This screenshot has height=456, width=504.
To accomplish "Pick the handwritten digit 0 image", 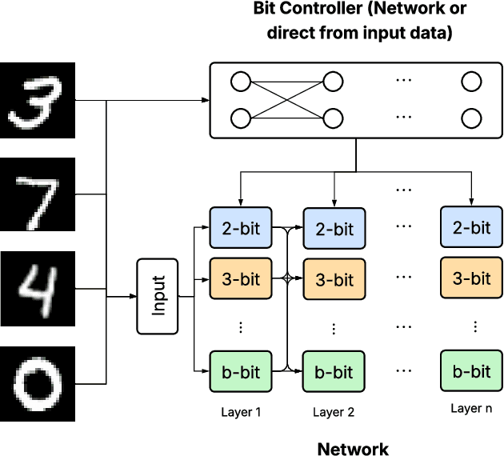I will [x=37, y=384].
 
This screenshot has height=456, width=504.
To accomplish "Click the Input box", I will [x=158, y=296].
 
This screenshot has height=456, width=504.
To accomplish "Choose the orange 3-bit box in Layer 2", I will [x=333, y=279].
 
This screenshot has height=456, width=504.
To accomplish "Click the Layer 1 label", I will [x=241, y=413].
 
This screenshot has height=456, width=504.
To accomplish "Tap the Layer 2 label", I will [x=334, y=413].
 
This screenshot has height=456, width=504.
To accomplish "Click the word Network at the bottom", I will [x=353, y=449].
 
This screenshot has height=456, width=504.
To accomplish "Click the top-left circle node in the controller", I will [x=239, y=82].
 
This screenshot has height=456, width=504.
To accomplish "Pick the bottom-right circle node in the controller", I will [x=471, y=119].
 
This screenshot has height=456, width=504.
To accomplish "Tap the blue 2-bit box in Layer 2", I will [x=333, y=229].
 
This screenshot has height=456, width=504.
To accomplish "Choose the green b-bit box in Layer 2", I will [x=333, y=372].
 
